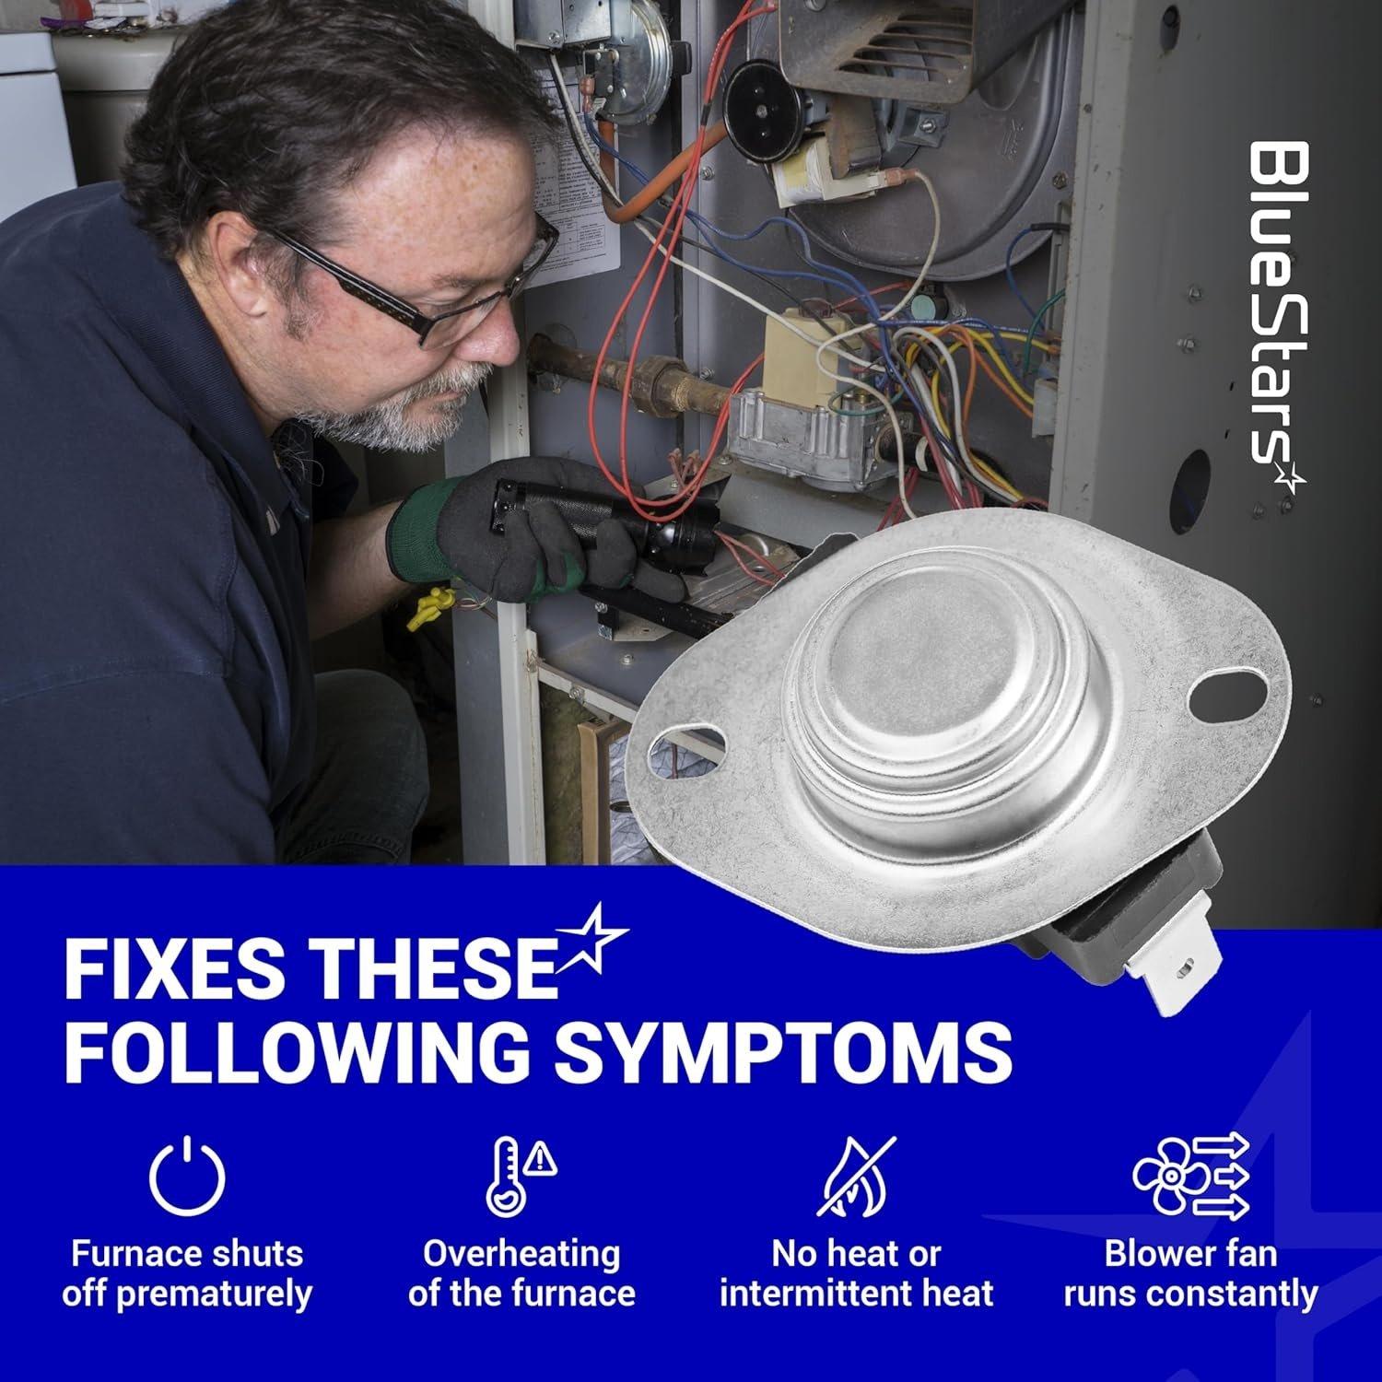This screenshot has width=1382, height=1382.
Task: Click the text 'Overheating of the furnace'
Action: (x=521, y=1273)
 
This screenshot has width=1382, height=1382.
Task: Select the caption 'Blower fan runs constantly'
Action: (x=1190, y=1273)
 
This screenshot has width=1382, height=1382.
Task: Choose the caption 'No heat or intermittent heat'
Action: (x=857, y=1273)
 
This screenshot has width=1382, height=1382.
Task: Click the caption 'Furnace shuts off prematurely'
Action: (x=187, y=1273)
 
